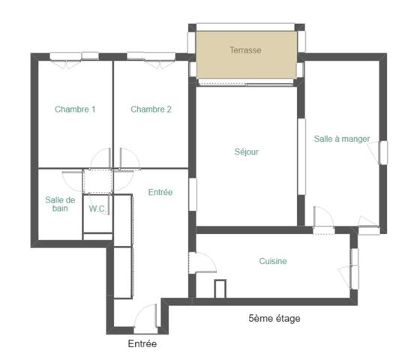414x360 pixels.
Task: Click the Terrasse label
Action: tap(245, 51)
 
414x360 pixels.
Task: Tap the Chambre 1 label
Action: tap(75, 109)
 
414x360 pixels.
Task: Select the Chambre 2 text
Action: tap(151, 109)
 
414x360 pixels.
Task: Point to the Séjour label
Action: tap(246, 151)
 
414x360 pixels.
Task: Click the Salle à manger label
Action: tap(342, 139)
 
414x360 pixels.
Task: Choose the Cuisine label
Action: tap(273, 261)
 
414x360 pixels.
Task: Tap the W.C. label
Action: tap(97, 209)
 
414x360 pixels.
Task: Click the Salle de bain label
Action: tap(60, 204)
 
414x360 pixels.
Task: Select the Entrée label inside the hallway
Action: tap(160, 193)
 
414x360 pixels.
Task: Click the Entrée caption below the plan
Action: tap(142, 344)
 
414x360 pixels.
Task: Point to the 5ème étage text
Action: tap(274, 319)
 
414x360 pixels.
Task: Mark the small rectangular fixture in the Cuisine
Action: tap(220, 289)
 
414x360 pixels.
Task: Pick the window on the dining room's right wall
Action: tap(383, 152)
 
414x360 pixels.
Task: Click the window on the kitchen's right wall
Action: tap(354, 267)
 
